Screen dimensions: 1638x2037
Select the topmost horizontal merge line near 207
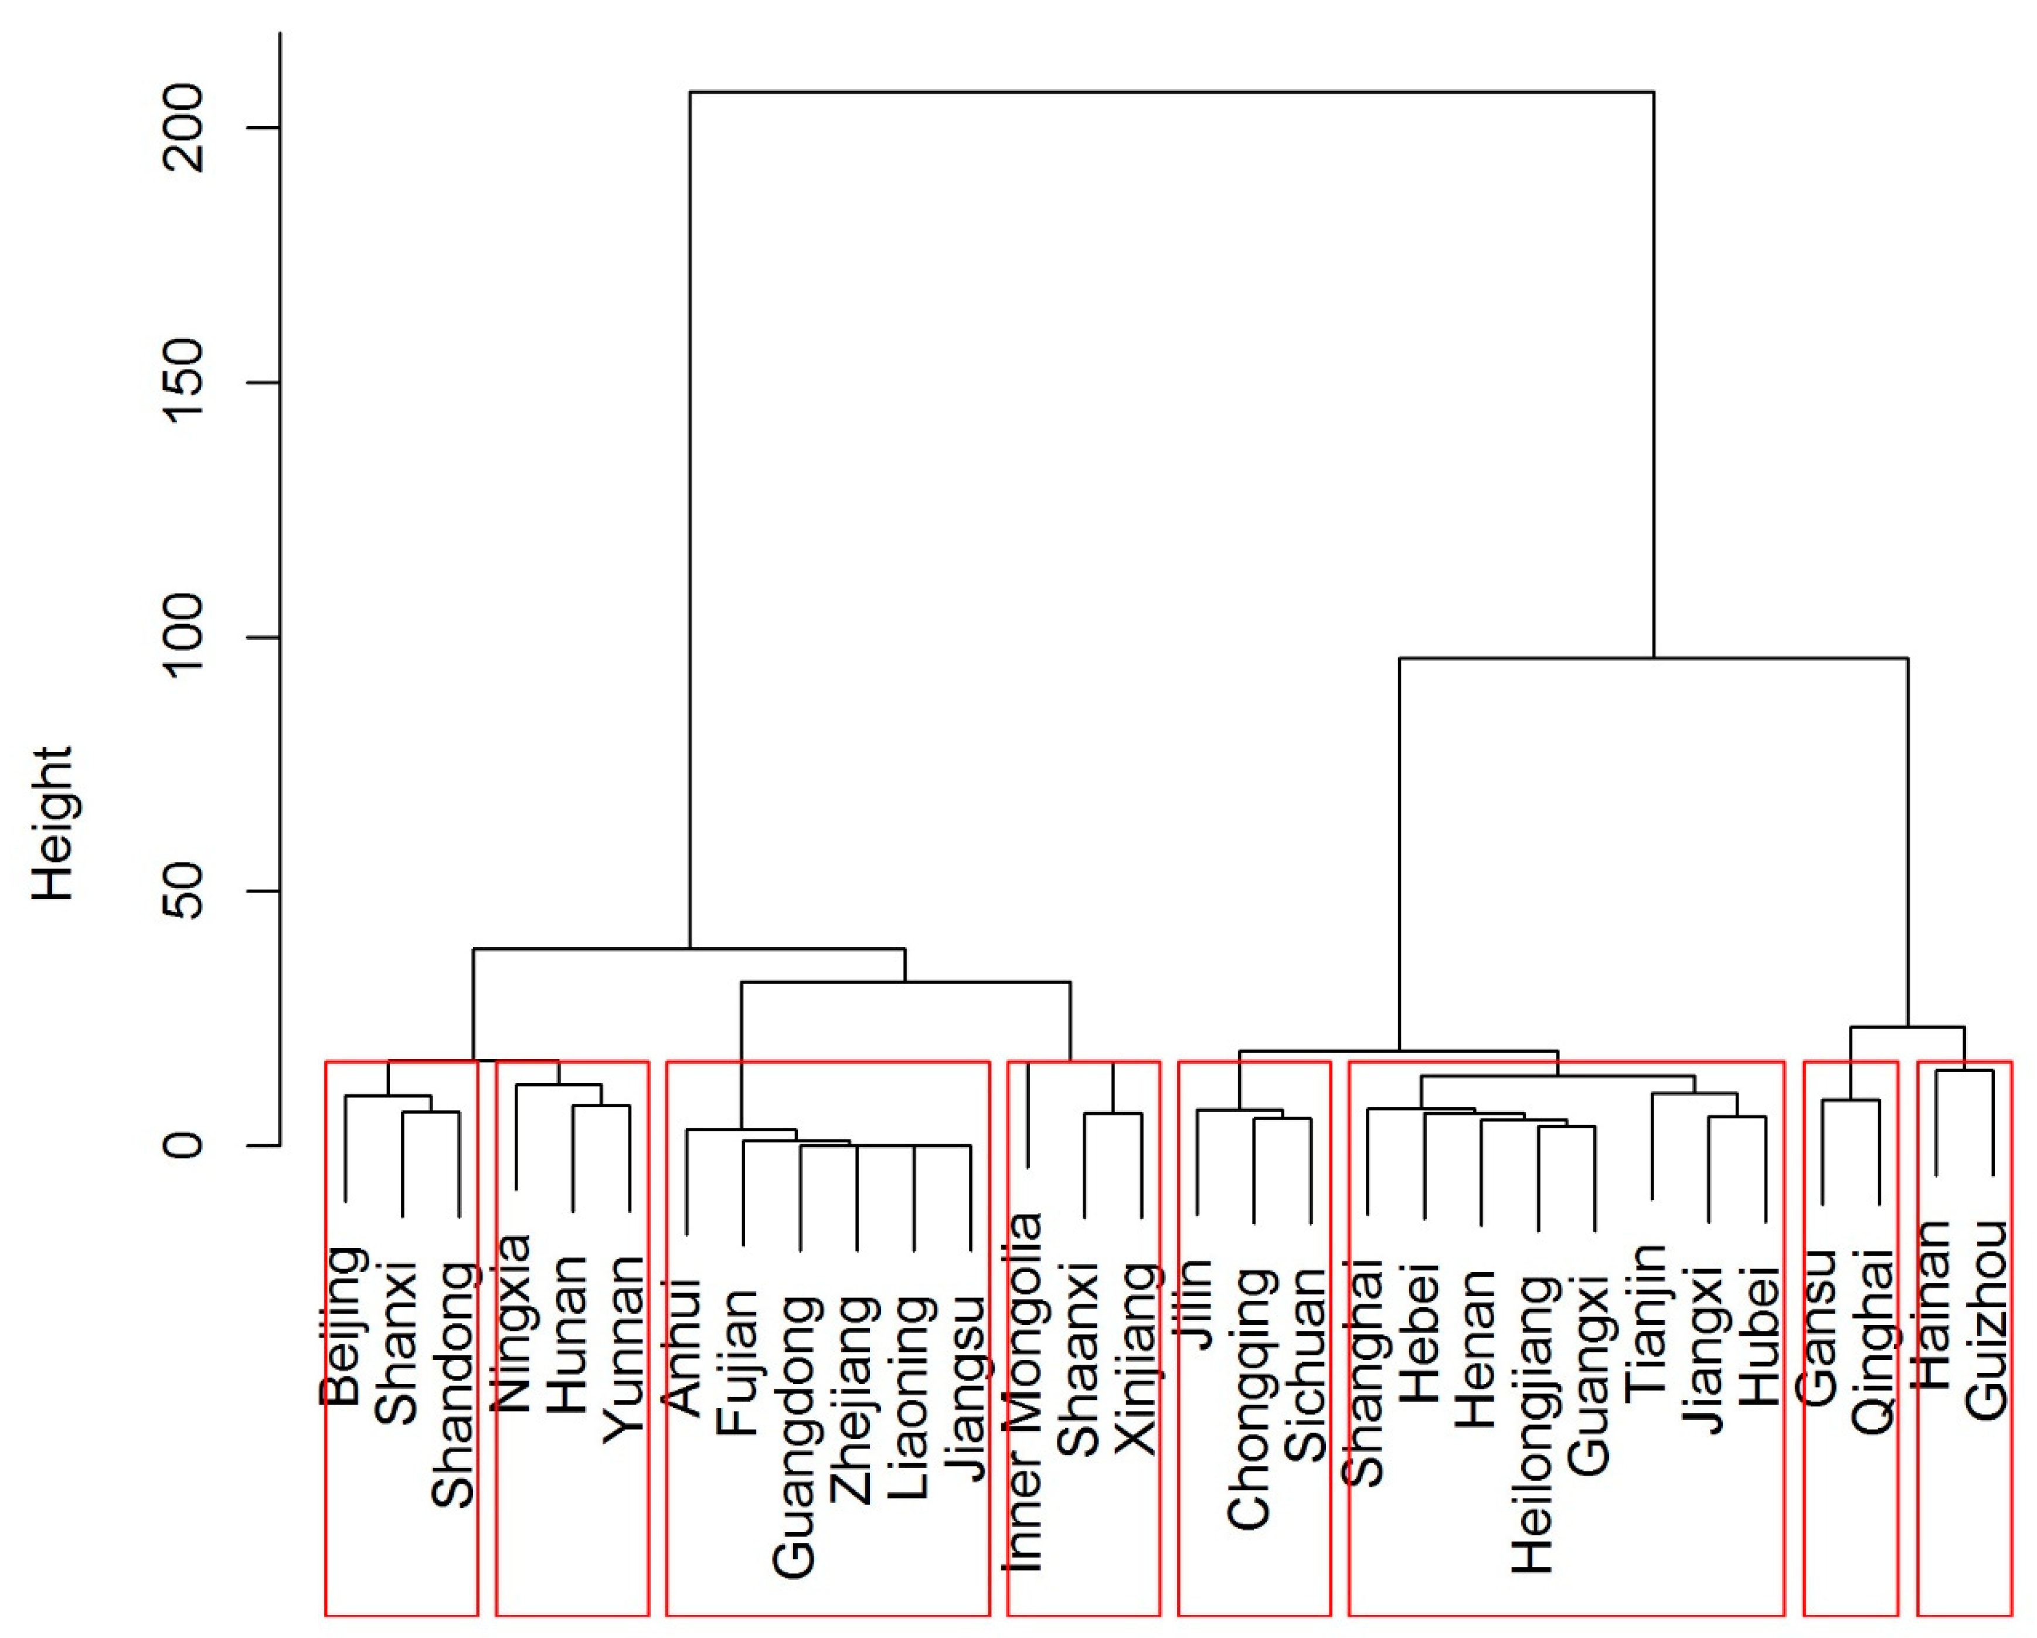[1172, 93]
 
